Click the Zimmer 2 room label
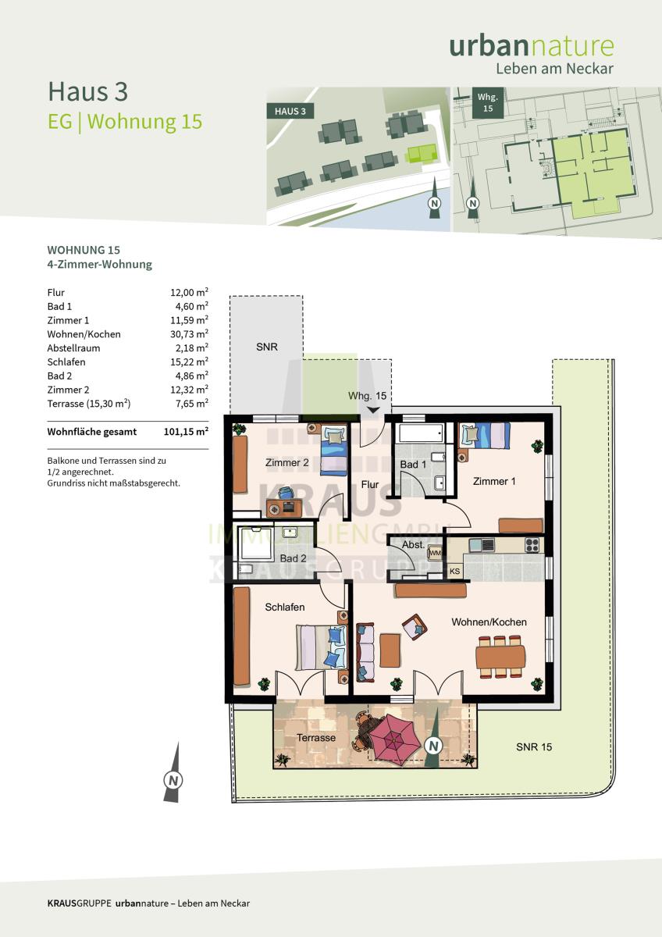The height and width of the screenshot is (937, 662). coord(287,462)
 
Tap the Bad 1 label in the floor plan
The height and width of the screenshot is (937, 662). coord(413,465)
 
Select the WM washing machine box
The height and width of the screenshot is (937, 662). coord(435,553)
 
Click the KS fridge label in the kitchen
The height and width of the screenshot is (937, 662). coord(454,571)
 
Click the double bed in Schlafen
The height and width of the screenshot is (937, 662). coord(322,647)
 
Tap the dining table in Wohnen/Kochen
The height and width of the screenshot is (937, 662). coord(500,657)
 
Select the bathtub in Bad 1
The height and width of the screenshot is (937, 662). coord(422,433)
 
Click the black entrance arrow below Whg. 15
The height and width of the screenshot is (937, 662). coord(373,411)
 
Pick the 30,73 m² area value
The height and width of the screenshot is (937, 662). coord(189,334)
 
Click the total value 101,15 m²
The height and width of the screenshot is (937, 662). coord(186,431)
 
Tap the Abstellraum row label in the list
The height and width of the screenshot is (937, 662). coord(73,348)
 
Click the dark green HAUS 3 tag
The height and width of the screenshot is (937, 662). coord(290,111)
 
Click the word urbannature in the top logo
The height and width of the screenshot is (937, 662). coord(532,46)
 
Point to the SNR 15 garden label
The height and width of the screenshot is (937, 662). coord(534,746)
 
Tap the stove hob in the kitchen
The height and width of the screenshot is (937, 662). coord(532,545)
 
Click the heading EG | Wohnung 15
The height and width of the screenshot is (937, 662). coord(125,122)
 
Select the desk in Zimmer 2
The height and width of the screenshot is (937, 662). coord(284,508)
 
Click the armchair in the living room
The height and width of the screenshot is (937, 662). coord(415,626)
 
